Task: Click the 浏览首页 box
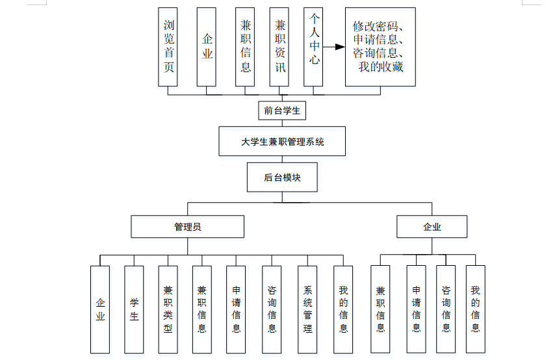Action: coord(168,47)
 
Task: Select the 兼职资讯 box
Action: coord(279,47)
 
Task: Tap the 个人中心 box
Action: coord(313,47)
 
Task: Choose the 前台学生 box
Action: coord(282,110)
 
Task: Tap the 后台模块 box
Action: coord(282,177)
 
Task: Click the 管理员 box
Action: coord(187,227)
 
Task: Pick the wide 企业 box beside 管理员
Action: coord(432,227)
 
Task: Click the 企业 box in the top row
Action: coord(207,47)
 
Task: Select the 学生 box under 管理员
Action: coord(134,309)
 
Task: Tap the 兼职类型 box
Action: coord(168,309)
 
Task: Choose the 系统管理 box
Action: coord(308,309)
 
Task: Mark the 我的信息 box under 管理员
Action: coord(343,309)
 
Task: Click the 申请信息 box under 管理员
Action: coord(236,309)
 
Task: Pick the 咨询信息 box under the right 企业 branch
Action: coord(446,309)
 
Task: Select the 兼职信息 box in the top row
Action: coord(246,47)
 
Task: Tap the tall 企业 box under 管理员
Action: coord(100,309)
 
